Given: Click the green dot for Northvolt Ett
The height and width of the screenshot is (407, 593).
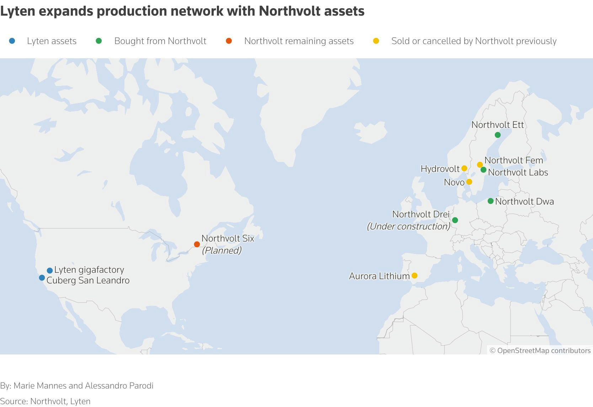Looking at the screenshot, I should (497, 135).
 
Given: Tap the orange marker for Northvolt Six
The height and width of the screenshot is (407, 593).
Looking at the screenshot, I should (197, 244).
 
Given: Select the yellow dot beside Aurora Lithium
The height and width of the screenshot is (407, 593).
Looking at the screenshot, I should (414, 276).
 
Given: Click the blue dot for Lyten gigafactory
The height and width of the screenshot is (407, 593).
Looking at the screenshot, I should (50, 271).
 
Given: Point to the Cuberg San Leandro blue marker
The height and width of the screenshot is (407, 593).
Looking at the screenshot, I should (42, 278).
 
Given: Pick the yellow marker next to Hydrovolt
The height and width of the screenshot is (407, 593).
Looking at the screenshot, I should (464, 168).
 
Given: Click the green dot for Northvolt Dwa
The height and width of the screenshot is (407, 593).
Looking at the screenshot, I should (490, 201).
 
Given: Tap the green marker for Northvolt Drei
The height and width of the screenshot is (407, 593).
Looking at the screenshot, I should (455, 220).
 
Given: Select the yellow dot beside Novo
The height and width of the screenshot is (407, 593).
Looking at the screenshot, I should (469, 182).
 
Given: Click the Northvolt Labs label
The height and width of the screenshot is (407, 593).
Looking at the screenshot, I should (518, 173).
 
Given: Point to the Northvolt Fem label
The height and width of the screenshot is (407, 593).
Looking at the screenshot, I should (513, 161).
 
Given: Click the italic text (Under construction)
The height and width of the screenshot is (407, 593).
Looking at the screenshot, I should (408, 226).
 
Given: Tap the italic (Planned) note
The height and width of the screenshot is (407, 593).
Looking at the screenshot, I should (221, 250).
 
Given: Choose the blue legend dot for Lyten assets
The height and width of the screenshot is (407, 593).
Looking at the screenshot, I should (12, 41).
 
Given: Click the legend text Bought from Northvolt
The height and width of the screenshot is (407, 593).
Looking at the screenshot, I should (160, 41).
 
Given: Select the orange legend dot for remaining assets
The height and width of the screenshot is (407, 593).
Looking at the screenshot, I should (229, 41).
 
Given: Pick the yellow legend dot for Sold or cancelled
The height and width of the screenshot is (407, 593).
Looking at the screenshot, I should (376, 41).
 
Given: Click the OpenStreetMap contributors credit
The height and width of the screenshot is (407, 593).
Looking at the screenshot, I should (540, 351).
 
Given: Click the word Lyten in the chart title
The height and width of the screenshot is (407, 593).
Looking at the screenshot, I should (17, 11).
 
